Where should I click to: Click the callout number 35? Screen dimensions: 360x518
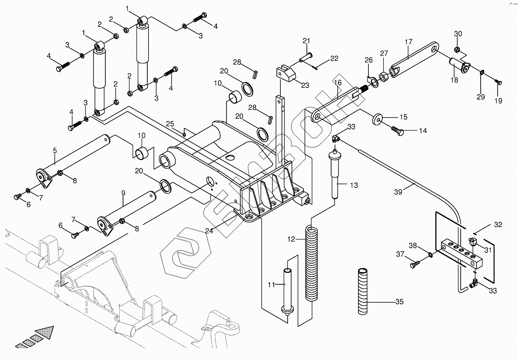click(400, 302)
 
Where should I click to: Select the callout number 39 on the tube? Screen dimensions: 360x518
click(398, 191)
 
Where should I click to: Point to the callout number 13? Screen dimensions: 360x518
click(354, 185)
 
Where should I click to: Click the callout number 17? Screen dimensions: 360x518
click(408, 41)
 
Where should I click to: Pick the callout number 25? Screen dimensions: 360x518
click(170, 124)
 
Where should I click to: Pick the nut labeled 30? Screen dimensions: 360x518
click(458, 49)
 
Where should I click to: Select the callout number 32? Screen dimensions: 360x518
click(498, 225)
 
